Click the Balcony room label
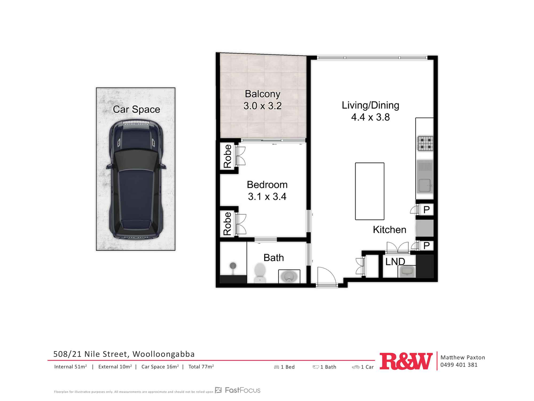[x=263, y=94]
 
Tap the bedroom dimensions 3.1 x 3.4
[x=267, y=196]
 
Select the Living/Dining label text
[x=370, y=105]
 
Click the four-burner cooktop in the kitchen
[x=425, y=144]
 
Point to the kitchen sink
[x=425, y=176]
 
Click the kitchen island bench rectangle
[x=370, y=191]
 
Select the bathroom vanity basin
[x=289, y=276]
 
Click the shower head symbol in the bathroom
[x=233, y=266]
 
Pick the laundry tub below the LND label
[x=407, y=271]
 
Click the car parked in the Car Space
[x=136, y=179]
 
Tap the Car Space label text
[x=136, y=109]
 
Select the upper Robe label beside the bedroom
[x=227, y=156]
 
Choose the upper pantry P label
[x=426, y=210]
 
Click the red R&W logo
[x=406, y=361]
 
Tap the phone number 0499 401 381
[x=459, y=365]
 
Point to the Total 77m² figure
[x=201, y=367]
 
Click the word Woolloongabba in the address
[x=164, y=354]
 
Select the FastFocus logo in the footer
[x=238, y=390]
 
